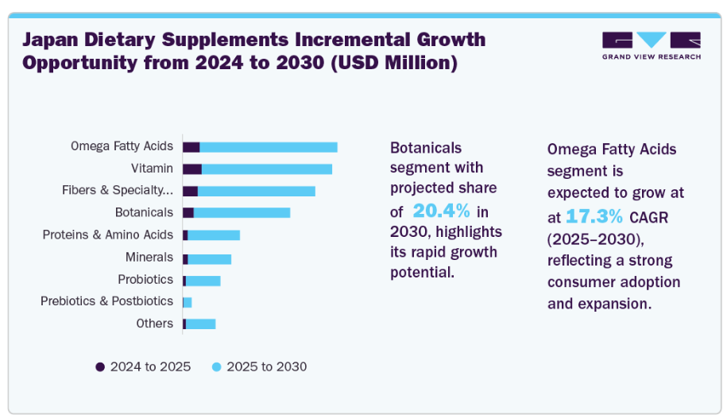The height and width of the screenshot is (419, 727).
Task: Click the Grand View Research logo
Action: pos(651,45)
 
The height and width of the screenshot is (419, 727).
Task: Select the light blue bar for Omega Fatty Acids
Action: pos(269,147)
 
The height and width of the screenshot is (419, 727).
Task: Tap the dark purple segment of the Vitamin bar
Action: pos(191,169)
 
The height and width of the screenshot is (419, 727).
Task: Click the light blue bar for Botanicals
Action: pos(242,213)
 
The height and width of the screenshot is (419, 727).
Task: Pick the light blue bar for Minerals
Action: pos(209,259)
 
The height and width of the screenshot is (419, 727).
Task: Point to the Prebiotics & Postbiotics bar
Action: pos(188,302)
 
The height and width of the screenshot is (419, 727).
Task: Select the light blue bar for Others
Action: pos(200,324)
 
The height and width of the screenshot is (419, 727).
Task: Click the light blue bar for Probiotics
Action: pos(203,281)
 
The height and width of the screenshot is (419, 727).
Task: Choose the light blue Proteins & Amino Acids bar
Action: pos(213,235)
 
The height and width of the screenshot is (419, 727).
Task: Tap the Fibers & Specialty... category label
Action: pos(118,191)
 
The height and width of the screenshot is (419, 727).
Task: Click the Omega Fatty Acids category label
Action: pos(122,146)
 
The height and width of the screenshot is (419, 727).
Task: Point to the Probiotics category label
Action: pos(145,280)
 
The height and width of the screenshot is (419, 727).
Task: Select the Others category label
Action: pos(154,324)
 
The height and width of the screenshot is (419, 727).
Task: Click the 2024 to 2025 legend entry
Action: pos(143,367)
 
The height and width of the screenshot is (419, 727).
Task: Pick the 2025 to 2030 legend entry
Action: pos(259,367)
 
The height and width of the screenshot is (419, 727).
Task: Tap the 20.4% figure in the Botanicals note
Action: pos(441,211)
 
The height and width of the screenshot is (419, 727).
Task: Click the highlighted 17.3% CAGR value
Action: pos(594,216)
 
